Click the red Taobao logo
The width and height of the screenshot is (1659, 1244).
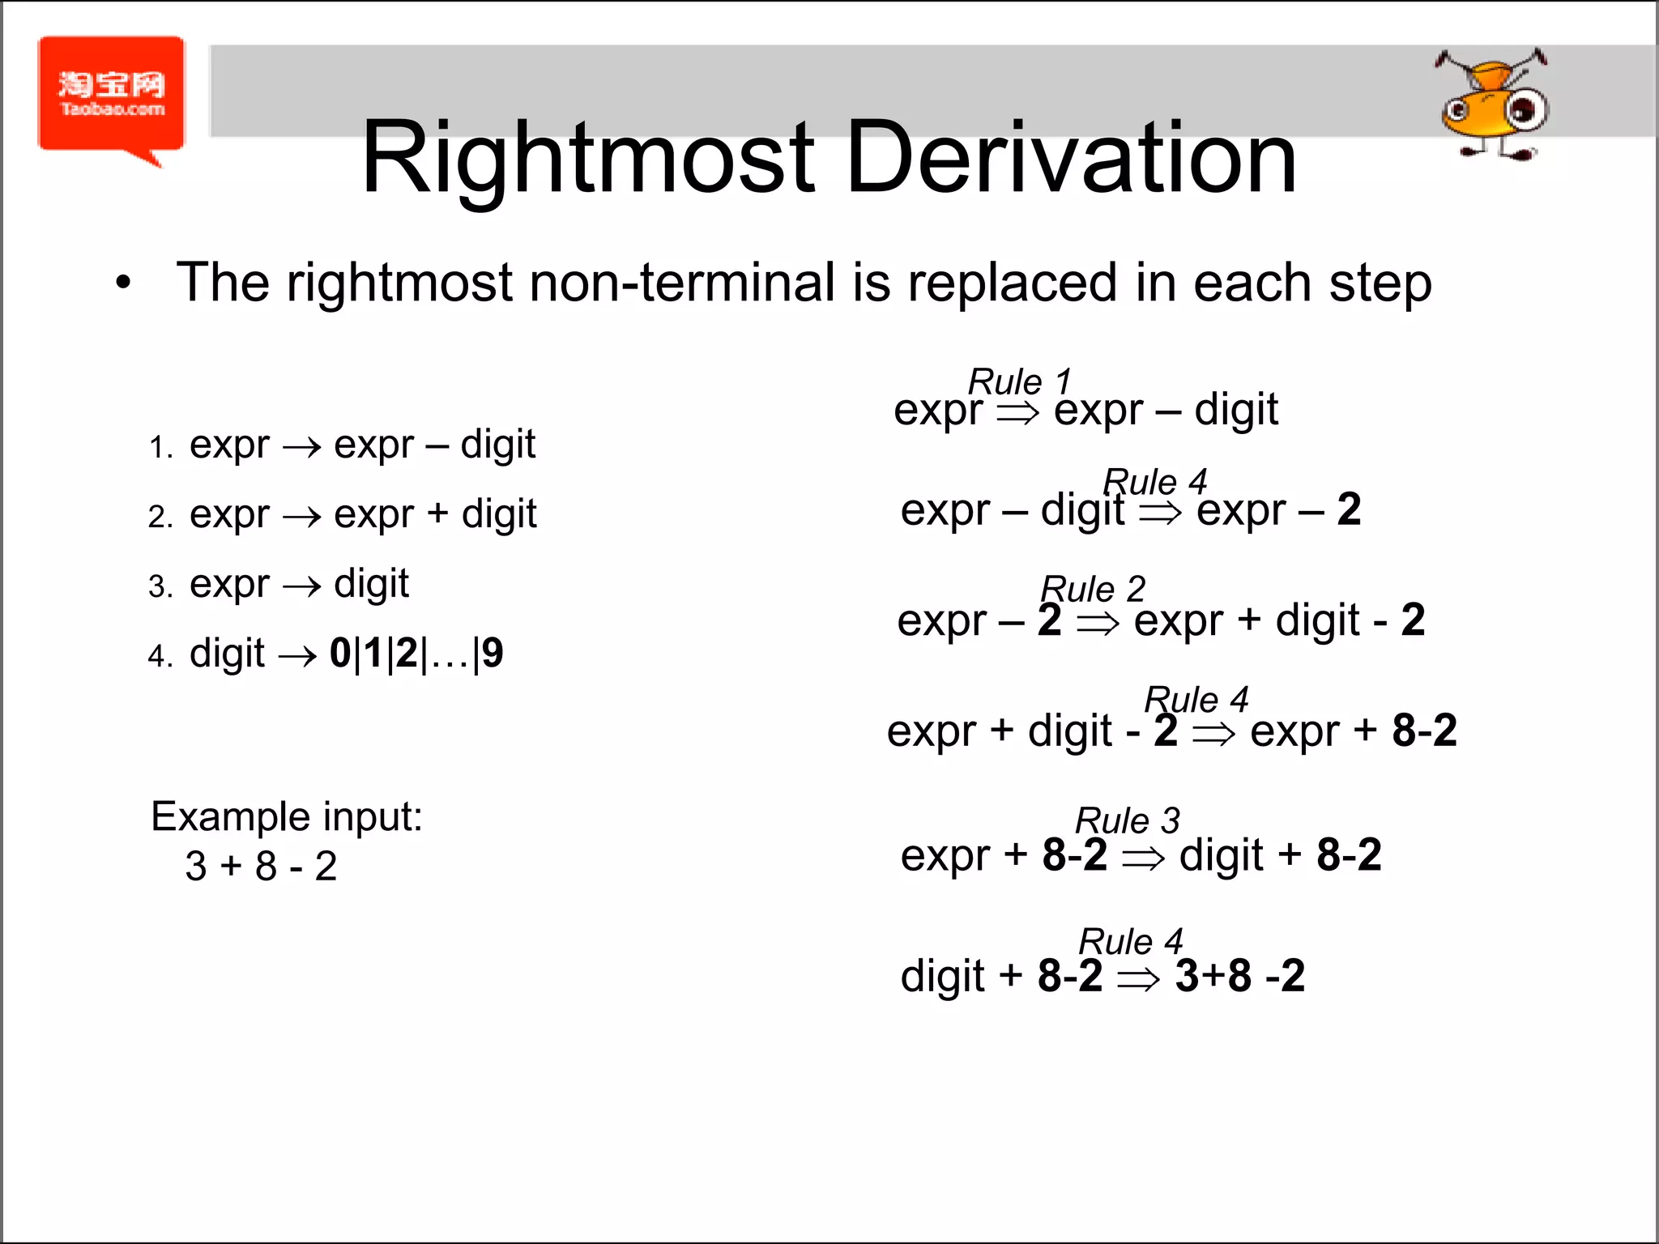point(112,96)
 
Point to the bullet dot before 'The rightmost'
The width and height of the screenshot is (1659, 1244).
point(123,283)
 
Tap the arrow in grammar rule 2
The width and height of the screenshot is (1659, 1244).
point(301,517)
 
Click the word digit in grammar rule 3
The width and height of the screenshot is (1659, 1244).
point(371,584)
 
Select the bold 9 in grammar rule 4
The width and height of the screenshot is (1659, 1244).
point(492,653)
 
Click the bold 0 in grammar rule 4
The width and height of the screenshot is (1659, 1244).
point(340,653)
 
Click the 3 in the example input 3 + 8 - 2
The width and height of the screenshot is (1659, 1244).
point(196,867)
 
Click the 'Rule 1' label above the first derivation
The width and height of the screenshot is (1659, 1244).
point(1020,381)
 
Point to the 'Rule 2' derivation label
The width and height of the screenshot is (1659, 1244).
point(1093,589)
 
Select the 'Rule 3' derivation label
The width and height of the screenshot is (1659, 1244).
point(1127,820)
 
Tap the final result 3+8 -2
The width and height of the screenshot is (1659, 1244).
point(1240,976)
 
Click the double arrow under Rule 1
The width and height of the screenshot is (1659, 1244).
point(1017,413)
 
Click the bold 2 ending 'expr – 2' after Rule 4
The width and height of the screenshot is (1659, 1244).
point(1349,509)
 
